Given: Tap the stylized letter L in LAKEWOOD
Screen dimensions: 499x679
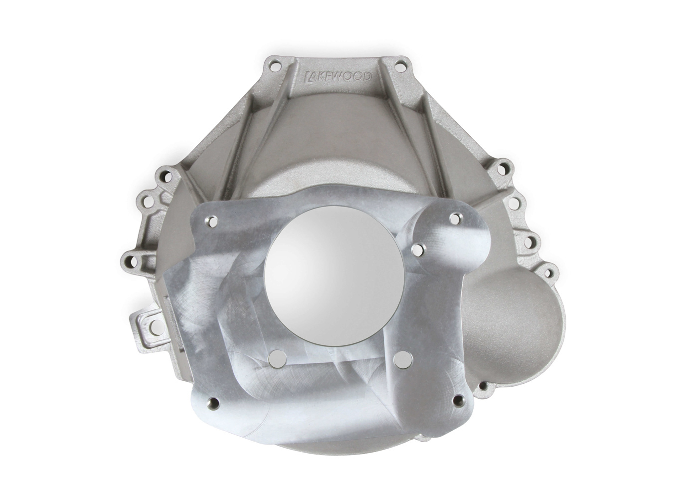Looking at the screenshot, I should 308,76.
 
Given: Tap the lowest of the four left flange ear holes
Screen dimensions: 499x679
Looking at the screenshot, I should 130,259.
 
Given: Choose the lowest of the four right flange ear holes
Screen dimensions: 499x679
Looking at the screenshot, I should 550,272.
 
